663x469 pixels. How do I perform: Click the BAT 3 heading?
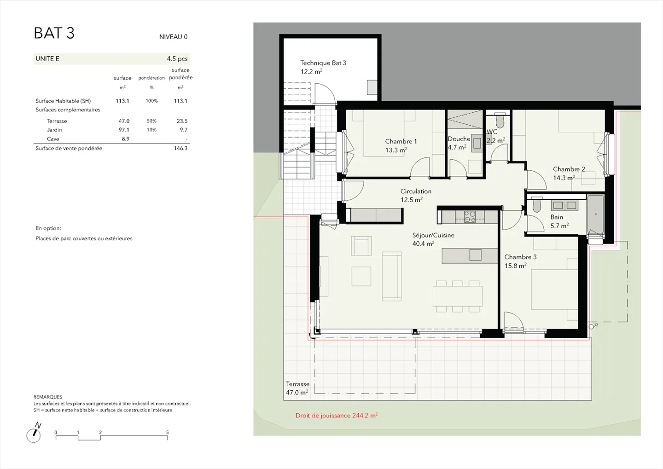coord(54,33)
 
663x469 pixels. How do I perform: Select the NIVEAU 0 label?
coord(173,37)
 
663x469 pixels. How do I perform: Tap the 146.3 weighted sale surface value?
coord(180,148)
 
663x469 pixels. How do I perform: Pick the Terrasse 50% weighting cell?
coord(151,121)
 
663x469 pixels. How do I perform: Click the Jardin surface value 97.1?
coord(124,130)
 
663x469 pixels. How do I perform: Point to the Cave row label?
coord(53,139)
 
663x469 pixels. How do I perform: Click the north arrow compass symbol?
coord(34,433)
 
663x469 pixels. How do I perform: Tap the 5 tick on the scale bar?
coord(167,432)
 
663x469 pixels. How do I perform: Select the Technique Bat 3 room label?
coord(323,67)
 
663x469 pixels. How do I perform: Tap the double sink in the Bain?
coord(564,205)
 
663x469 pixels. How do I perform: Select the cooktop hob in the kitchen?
coord(470,217)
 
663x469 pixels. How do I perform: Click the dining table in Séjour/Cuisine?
coord(457,296)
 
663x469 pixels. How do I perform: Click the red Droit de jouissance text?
coord(337,416)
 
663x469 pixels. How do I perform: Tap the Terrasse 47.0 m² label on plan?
coord(297,388)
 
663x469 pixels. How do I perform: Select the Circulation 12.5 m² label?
coord(416,195)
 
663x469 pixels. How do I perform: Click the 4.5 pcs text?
coord(177,58)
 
